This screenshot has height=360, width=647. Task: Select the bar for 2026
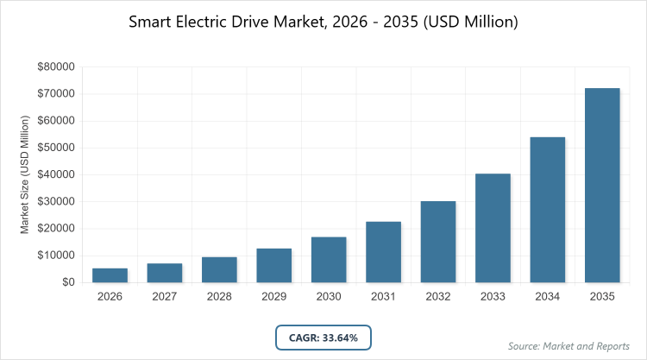[110, 275]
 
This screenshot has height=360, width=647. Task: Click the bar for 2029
[274, 265]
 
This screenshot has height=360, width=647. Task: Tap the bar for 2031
[384, 252]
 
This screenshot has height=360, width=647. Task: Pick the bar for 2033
[493, 228]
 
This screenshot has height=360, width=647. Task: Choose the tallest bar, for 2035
[602, 185]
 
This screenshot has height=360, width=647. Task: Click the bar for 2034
[548, 210]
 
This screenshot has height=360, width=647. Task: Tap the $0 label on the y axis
[66, 282]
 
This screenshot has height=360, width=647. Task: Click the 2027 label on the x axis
[165, 296]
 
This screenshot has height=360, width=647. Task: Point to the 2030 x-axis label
[329, 296]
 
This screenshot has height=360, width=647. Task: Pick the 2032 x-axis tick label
[438, 296]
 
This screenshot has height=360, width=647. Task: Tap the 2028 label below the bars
[219, 296]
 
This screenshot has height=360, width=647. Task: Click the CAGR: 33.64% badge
[323, 337]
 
